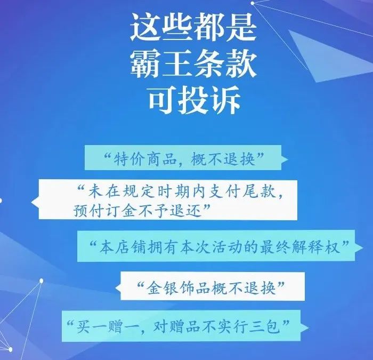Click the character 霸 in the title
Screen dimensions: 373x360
(x=145, y=64)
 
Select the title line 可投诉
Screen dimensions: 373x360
(x=194, y=100)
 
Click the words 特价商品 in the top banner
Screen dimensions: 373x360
(x=145, y=158)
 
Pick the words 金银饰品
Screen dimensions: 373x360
(x=179, y=287)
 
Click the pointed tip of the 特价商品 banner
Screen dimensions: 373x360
(x=288, y=159)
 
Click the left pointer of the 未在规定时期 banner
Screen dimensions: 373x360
(x=31, y=202)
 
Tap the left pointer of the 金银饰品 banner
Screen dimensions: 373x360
(x=116, y=287)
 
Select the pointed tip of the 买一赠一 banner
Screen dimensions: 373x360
(x=309, y=328)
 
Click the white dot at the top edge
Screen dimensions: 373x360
(x=253, y=3)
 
